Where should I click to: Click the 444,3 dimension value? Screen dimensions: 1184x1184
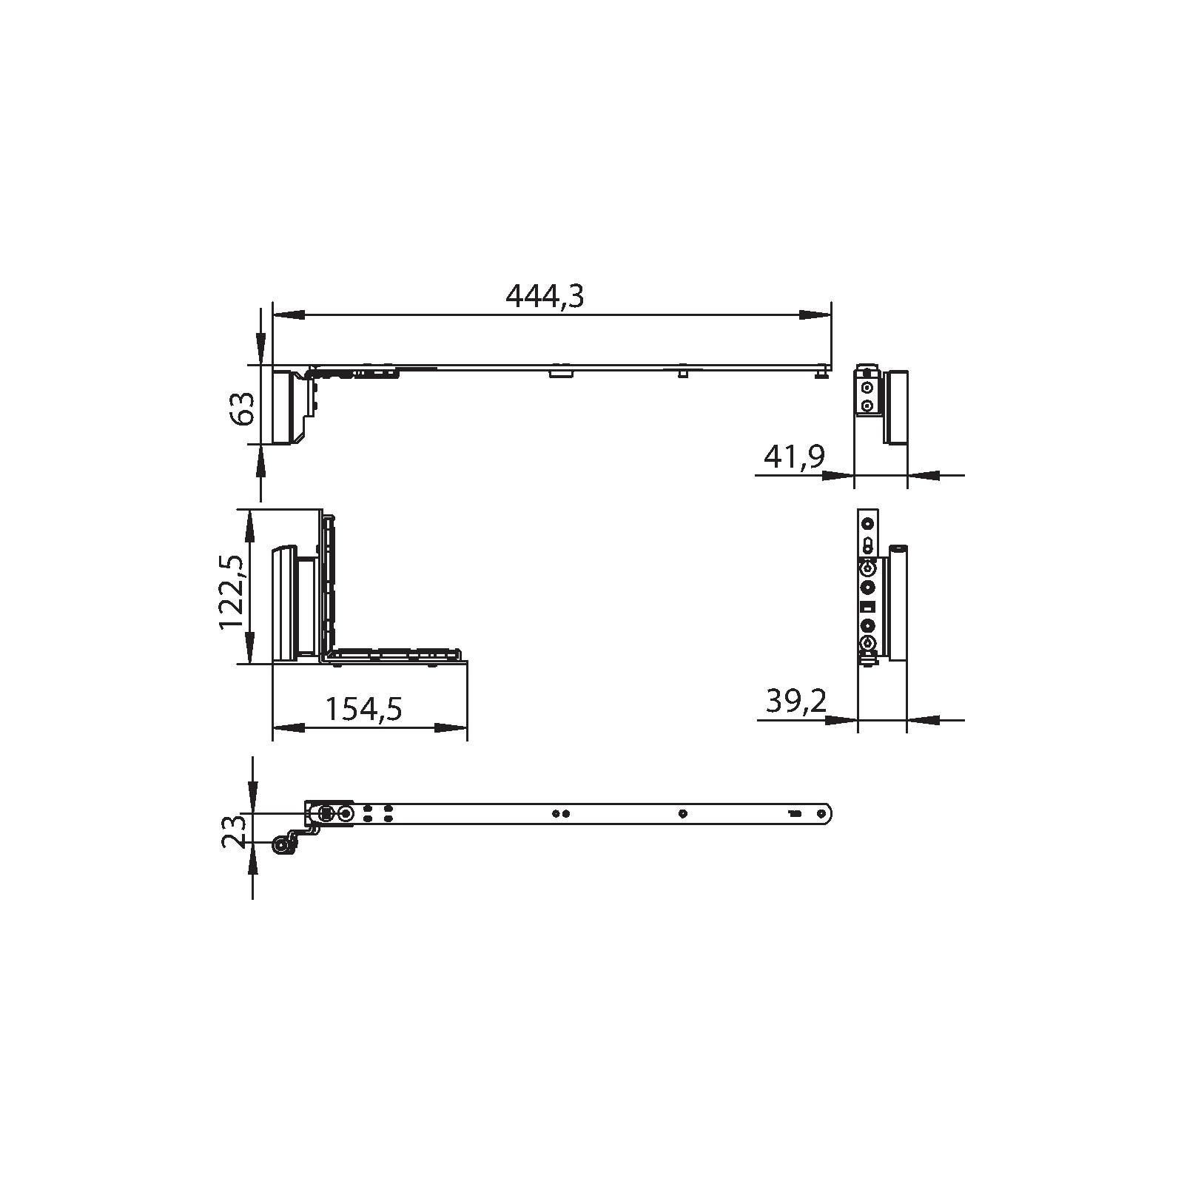coord(545,296)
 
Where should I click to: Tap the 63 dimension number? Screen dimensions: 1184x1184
coord(242,408)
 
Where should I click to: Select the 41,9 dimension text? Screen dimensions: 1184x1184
coord(795,457)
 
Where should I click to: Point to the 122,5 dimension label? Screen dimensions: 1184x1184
coord(232,592)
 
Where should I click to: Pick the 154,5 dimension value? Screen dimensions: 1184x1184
coord(364,709)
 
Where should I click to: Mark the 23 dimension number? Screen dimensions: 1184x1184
coord(233,830)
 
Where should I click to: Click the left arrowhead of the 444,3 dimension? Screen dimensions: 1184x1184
coord(289,315)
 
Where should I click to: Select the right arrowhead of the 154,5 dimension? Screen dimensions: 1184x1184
coord(451,728)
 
